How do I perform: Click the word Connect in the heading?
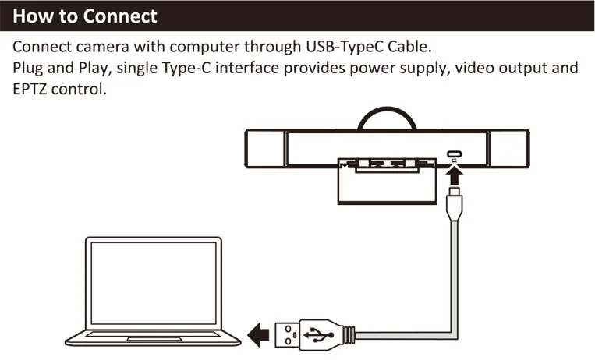point(120,16)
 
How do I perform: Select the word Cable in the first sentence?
point(409,45)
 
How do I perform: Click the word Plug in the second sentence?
point(28,67)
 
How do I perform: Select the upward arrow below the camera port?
point(452,171)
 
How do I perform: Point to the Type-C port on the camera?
point(452,154)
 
